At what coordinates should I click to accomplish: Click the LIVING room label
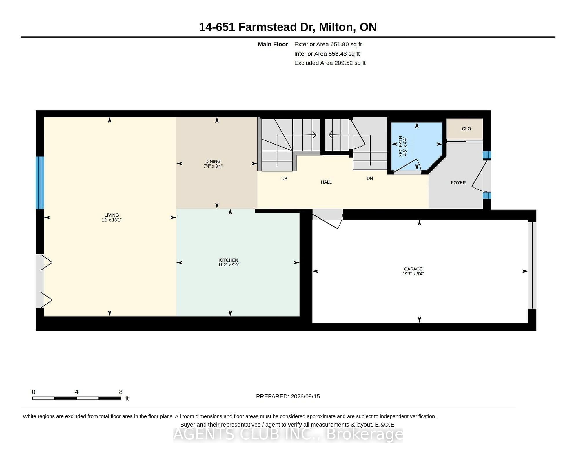tap(112, 215)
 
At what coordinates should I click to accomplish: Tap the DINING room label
tap(213, 161)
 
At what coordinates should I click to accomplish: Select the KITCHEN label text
tap(229, 260)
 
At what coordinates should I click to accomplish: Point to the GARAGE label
tap(413, 269)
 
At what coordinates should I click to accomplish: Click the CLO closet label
tap(466, 129)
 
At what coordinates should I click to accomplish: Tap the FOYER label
tap(458, 182)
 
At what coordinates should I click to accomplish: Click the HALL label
tap(326, 182)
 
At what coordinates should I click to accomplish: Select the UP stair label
tap(284, 178)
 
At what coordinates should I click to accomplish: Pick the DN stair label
tap(370, 178)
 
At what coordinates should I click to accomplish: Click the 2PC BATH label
tap(401, 146)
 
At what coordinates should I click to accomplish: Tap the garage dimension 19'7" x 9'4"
tap(413, 274)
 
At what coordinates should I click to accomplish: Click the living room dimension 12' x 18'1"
tap(112, 220)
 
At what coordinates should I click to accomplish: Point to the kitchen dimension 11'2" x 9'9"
tap(229, 265)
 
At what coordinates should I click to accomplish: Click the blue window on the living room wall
tap(40, 182)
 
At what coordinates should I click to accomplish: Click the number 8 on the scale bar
tap(121, 392)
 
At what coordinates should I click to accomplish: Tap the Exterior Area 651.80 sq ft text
tap(328, 44)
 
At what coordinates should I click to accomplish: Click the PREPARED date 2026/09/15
tap(305, 396)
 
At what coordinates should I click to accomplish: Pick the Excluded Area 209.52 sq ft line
tap(330, 63)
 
